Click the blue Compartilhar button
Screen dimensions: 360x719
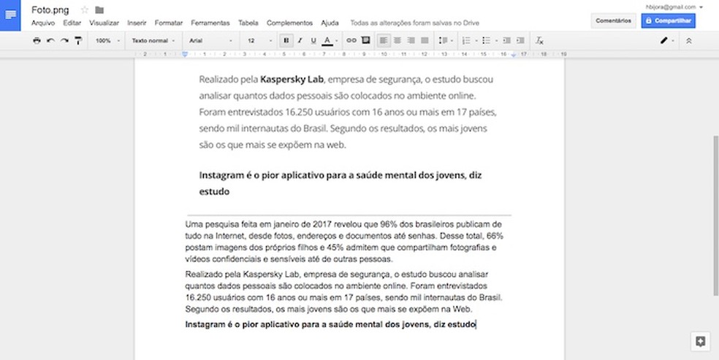click(x=668, y=20)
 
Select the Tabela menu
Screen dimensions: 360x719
click(x=248, y=23)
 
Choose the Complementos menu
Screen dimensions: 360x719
click(x=289, y=23)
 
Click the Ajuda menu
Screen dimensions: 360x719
click(x=330, y=23)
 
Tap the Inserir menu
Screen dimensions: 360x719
click(x=137, y=23)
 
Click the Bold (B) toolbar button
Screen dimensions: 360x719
click(x=286, y=41)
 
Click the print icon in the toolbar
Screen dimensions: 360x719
click(x=37, y=41)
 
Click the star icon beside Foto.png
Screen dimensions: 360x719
click(x=84, y=10)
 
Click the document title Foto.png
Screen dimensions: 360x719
click(x=50, y=10)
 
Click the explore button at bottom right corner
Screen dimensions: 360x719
click(x=699, y=341)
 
